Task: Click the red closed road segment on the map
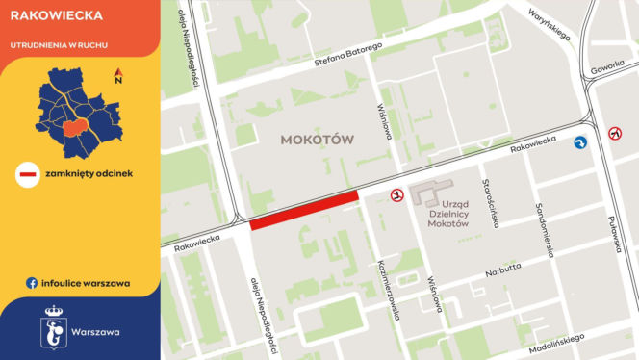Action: (304, 210)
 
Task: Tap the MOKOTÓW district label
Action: (318, 140)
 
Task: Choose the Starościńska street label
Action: (493, 202)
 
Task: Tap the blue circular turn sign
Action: (580, 142)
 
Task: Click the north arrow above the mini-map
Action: (117, 75)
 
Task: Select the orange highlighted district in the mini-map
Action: (73, 130)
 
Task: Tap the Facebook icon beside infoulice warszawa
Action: (32, 283)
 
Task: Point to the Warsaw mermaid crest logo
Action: (55, 327)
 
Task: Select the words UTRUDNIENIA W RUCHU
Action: (58, 44)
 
